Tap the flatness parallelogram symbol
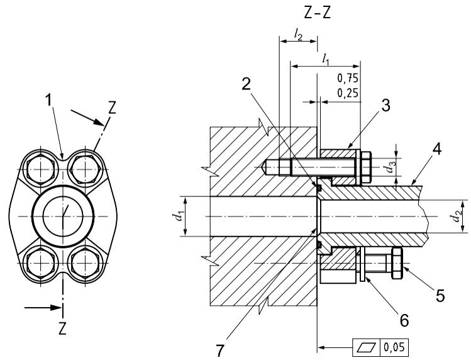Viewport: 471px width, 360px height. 364,346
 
